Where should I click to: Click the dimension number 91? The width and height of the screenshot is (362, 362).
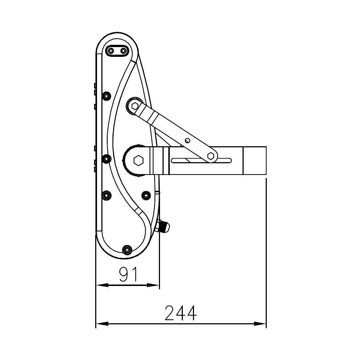[x=128, y=274]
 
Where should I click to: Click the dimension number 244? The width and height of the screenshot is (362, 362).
[x=181, y=313]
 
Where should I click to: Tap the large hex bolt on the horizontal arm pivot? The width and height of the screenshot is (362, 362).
[x=138, y=160]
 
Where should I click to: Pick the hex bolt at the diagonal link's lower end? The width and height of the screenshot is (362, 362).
[x=210, y=156]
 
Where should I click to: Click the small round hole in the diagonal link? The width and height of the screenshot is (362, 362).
[x=188, y=140]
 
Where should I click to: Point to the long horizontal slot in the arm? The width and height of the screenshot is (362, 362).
[x=201, y=161]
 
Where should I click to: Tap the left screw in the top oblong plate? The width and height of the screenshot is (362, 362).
[x=111, y=51]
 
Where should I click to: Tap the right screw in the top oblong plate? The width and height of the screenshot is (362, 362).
[x=123, y=51]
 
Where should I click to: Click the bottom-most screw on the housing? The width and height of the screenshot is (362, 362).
[x=126, y=249]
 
